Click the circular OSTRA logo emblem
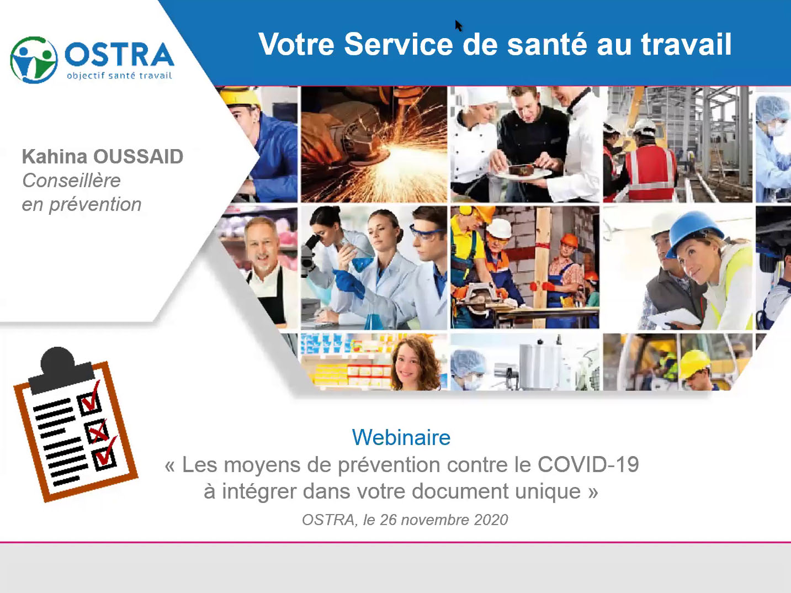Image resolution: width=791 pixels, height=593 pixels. (34, 60)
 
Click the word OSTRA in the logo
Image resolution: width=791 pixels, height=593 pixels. (119, 55)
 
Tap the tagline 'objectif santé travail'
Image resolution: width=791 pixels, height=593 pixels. (119, 76)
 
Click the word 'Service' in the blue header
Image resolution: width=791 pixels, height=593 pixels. (399, 44)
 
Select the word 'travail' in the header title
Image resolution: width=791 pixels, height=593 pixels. (686, 44)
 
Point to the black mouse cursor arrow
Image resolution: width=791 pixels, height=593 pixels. (458, 25)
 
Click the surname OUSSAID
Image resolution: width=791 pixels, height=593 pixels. (139, 156)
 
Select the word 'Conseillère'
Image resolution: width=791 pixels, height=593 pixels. (71, 180)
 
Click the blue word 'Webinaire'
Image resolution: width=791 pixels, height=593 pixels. (401, 437)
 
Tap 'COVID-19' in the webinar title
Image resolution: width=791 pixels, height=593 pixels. (588, 464)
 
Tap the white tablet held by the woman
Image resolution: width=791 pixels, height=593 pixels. (674, 318)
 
